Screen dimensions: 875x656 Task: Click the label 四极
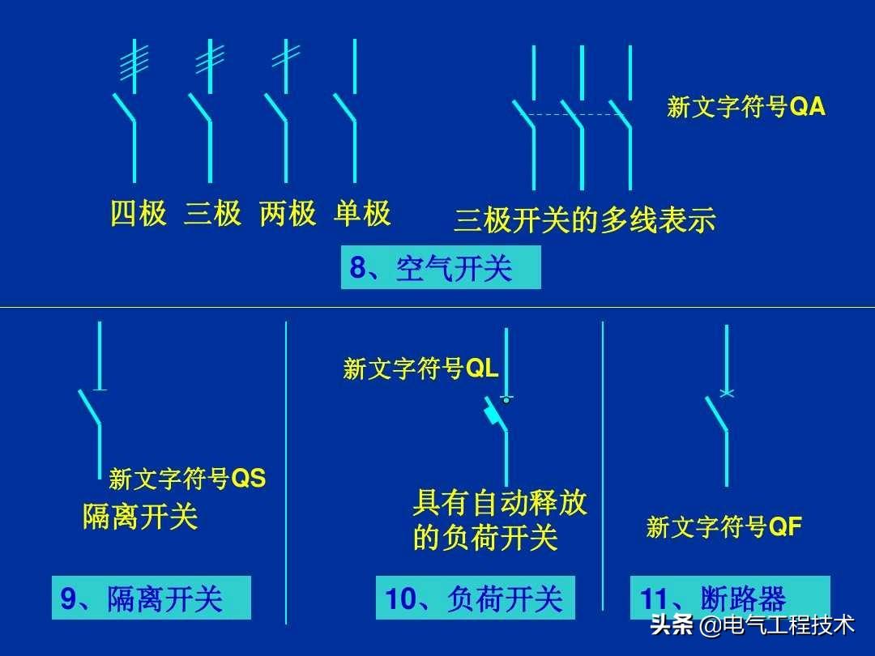point(139,215)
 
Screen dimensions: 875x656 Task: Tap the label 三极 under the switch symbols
point(213,215)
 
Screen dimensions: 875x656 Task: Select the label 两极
point(288,215)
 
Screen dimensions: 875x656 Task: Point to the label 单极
point(362,215)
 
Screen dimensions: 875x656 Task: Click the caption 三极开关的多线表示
point(585,220)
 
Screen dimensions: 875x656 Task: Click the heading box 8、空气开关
point(440,268)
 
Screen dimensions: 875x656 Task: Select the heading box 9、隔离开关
point(151,599)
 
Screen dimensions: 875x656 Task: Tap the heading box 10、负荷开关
point(475,599)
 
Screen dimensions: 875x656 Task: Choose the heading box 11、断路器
point(729,599)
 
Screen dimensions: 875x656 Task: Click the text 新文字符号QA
point(746,108)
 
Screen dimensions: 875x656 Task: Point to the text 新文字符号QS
point(187,479)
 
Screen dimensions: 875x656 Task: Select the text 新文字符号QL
point(420,369)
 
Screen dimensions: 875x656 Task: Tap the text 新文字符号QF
point(723,528)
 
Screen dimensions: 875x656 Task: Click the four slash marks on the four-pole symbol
point(134,63)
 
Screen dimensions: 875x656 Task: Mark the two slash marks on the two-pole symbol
point(285,55)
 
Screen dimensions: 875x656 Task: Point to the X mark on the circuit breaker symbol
point(727,394)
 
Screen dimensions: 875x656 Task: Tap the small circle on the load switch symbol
point(506,399)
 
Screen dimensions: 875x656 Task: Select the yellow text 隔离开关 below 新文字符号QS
point(140,517)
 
